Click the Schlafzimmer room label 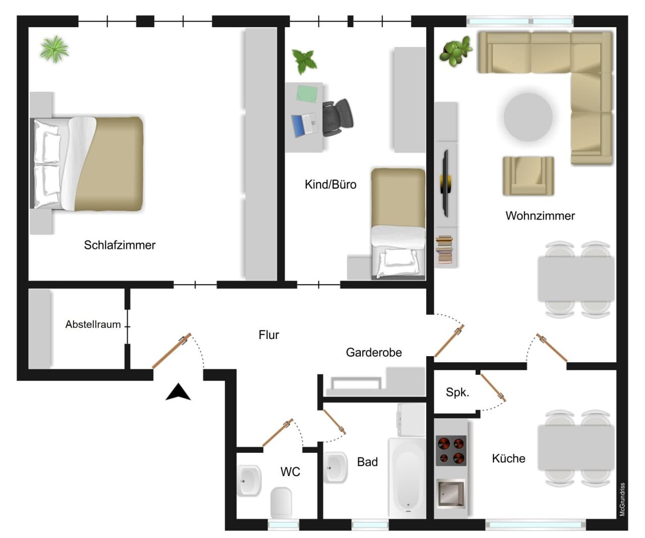tap(119, 245)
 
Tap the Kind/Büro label tap(330, 184)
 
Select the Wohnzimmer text tap(540, 216)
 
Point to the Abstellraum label tap(93, 324)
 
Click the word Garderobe tap(374, 353)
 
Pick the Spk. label tap(458, 392)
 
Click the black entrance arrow tap(178, 392)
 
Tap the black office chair tap(337, 118)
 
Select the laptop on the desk tap(304, 125)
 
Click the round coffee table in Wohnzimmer tap(528, 117)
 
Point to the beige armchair tap(528, 176)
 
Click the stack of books tap(444, 249)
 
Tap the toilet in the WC tap(281, 502)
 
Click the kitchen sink tap(450, 493)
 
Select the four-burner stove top tap(451, 450)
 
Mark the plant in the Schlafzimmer tap(54, 49)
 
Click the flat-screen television tap(446, 183)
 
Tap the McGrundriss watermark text tap(622, 499)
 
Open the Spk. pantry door tap(493, 387)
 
